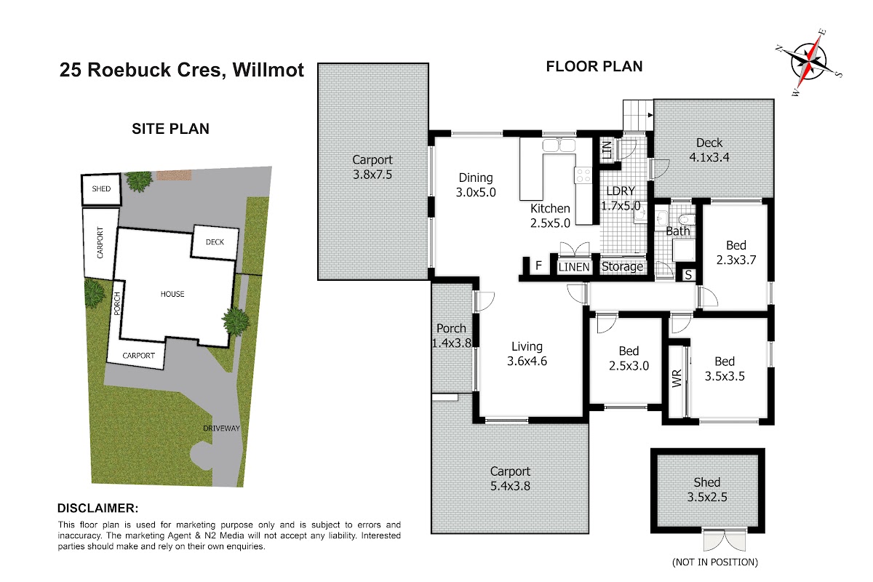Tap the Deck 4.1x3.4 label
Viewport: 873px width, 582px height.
click(709, 150)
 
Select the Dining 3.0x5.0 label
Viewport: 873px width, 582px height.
click(476, 185)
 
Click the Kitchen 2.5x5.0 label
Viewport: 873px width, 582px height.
click(550, 215)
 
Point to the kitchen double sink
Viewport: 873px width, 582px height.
click(559, 145)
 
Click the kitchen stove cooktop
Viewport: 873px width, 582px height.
click(583, 175)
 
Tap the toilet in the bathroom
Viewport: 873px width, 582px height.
click(687, 219)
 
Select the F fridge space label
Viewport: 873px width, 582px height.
click(538, 266)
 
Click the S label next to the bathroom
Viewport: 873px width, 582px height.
click(688, 275)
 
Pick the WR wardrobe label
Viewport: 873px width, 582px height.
click(677, 378)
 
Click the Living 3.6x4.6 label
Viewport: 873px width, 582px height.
click(527, 354)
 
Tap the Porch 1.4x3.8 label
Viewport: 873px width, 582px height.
click(451, 335)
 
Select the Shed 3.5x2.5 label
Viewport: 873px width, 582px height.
click(707, 490)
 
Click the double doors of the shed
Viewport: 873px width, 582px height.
click(725, 540)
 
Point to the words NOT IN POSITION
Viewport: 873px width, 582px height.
click(715, 562)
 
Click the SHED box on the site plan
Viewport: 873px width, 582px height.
click(101, 189)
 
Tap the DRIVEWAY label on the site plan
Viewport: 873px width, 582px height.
click(221, 428)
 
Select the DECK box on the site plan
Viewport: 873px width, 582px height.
click(215, 242)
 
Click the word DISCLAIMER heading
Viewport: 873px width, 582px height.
click(97, 509)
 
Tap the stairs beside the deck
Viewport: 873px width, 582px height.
click(638, 116)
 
